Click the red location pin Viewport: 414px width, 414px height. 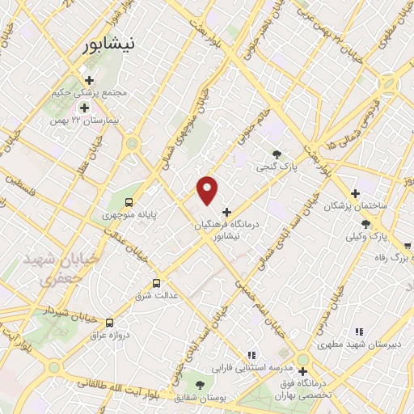click(208, 189)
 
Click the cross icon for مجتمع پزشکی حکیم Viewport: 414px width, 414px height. click(89, 80)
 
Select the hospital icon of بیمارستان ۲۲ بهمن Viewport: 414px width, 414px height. click(83, 107)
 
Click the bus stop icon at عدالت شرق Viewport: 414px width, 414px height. click(156, 284)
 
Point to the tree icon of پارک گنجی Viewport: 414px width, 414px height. click(277, 154)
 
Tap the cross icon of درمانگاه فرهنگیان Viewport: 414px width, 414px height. click(226, 212)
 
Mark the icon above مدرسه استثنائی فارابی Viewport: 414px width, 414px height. click(251, 354)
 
